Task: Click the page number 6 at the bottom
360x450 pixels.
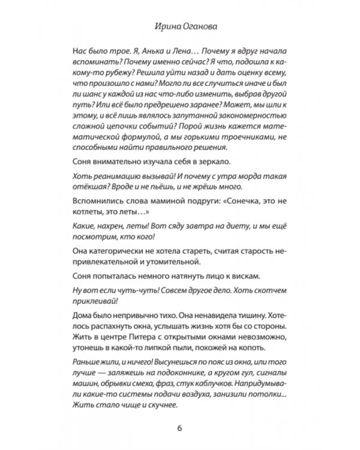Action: coord(179,428)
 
